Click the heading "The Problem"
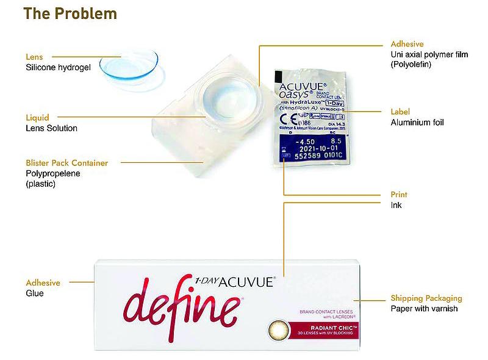[x=71, y=13]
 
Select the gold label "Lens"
[x=34, y=57]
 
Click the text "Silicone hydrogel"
[x=58, y=68]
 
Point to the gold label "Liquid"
[x=37, y=117]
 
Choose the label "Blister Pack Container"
[x=67, y=163]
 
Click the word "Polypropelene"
[x=53, y=173]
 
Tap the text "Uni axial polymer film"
[x=429, y=54]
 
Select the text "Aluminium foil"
[x=417, y=122]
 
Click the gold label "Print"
[x=399, y=195]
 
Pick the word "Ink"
[x=396, y=205]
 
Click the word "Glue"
[x=35, y=293]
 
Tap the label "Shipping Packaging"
[x=426, y=298]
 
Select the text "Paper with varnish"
[x=424, y=309]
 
